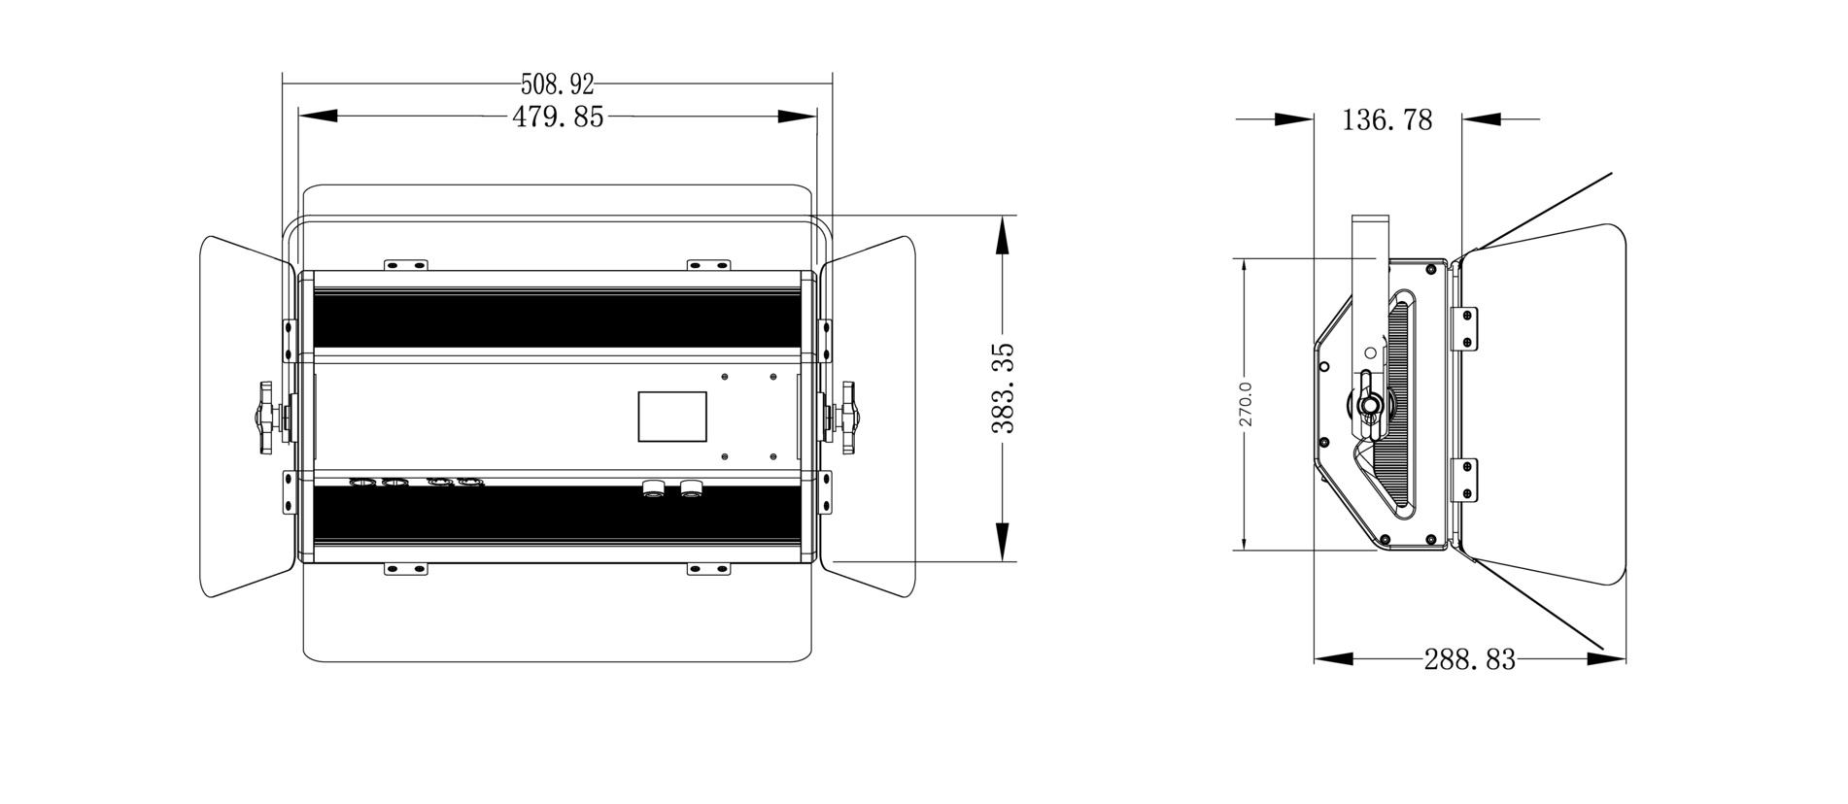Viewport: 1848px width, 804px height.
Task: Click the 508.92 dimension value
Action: coord(557,85)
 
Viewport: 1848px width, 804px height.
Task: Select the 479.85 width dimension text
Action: coord(558,117)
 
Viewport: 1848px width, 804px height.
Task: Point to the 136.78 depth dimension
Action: coord(1386,119)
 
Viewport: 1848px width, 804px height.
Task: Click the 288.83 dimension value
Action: coord(1469,659)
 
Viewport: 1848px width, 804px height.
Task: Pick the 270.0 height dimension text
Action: coord(1246,404)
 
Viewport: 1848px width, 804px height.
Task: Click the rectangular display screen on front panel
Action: coord(671,416)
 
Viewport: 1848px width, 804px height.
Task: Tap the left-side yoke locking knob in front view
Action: coord(268,417)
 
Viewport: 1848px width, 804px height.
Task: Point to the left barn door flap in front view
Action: coord(245,416)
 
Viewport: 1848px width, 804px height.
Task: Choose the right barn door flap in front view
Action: coord(871,416)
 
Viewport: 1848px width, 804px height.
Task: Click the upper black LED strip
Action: coord(557,318)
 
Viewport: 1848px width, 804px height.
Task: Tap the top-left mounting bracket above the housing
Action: coord(405,264)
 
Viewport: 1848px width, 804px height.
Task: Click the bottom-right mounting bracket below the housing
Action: coord(707,569)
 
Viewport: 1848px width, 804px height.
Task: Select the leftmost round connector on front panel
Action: coord(362,482)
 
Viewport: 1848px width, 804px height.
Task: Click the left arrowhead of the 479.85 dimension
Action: coord(317,117)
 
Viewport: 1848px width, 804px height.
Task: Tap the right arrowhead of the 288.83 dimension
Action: coord(1607,658)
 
